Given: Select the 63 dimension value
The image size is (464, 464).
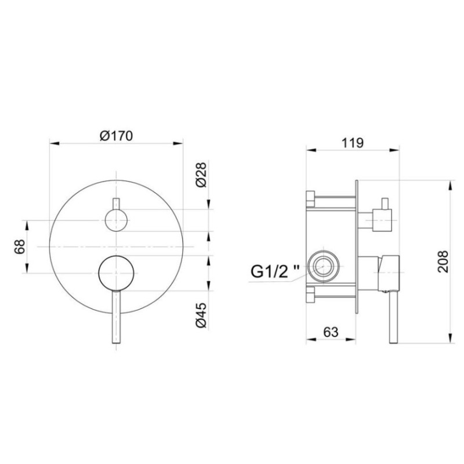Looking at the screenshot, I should point(329,332).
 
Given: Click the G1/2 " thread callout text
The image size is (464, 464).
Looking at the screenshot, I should point(275,270).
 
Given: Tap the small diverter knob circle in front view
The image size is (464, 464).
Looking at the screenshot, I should point(116,220).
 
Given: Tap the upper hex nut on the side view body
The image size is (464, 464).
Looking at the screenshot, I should point(310,200).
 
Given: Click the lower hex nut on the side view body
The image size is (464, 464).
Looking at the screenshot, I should point(310,295).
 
